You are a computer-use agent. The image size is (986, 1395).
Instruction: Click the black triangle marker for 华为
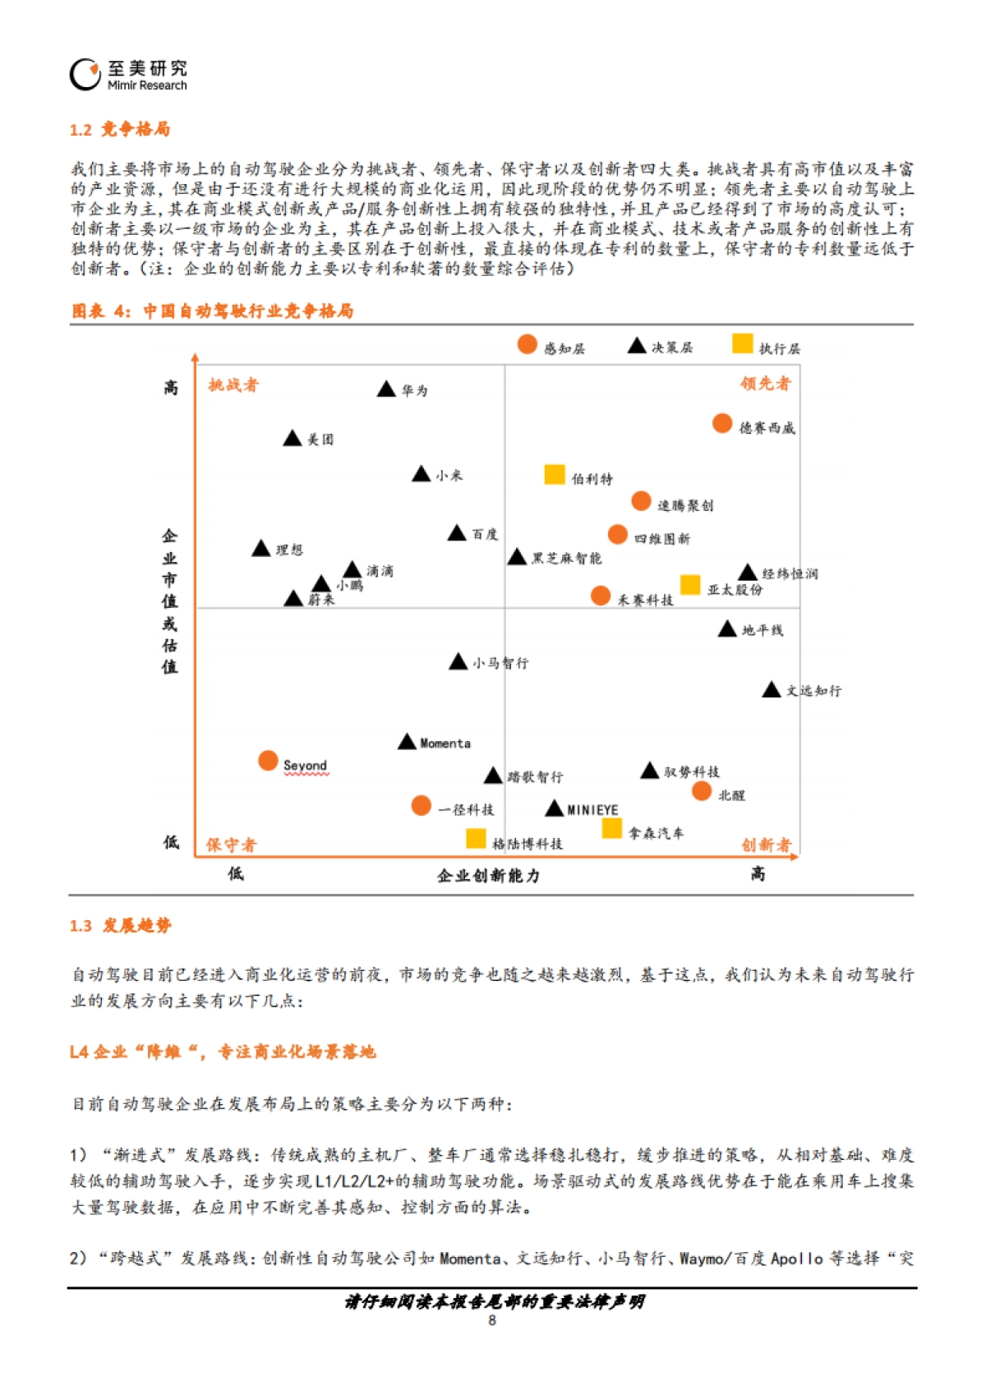386,390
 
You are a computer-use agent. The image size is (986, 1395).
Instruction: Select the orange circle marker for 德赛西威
722,424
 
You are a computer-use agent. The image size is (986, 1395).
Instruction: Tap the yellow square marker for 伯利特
555,475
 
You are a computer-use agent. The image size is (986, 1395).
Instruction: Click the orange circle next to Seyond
268,761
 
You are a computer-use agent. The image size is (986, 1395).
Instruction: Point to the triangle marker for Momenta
407,743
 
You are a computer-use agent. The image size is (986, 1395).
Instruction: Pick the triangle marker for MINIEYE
555,809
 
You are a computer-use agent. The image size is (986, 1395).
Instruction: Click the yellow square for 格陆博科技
476,838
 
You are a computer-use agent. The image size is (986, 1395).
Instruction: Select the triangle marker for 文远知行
771,691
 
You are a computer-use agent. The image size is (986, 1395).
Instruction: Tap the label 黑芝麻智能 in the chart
566,559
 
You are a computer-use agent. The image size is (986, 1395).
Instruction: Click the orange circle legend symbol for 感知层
528,345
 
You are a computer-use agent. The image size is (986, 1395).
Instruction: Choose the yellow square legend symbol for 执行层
743,343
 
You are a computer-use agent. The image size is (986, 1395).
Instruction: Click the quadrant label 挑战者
233,385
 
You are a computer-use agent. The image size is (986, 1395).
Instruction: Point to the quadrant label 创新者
765,845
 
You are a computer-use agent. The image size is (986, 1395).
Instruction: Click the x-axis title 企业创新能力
488,876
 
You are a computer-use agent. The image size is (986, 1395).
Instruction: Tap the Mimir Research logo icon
85,75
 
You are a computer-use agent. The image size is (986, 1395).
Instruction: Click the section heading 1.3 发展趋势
120,926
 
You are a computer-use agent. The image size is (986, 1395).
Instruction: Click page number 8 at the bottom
492,1320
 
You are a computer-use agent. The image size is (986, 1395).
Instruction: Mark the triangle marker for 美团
292,440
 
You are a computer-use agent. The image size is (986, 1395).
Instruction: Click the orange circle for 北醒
702,791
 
